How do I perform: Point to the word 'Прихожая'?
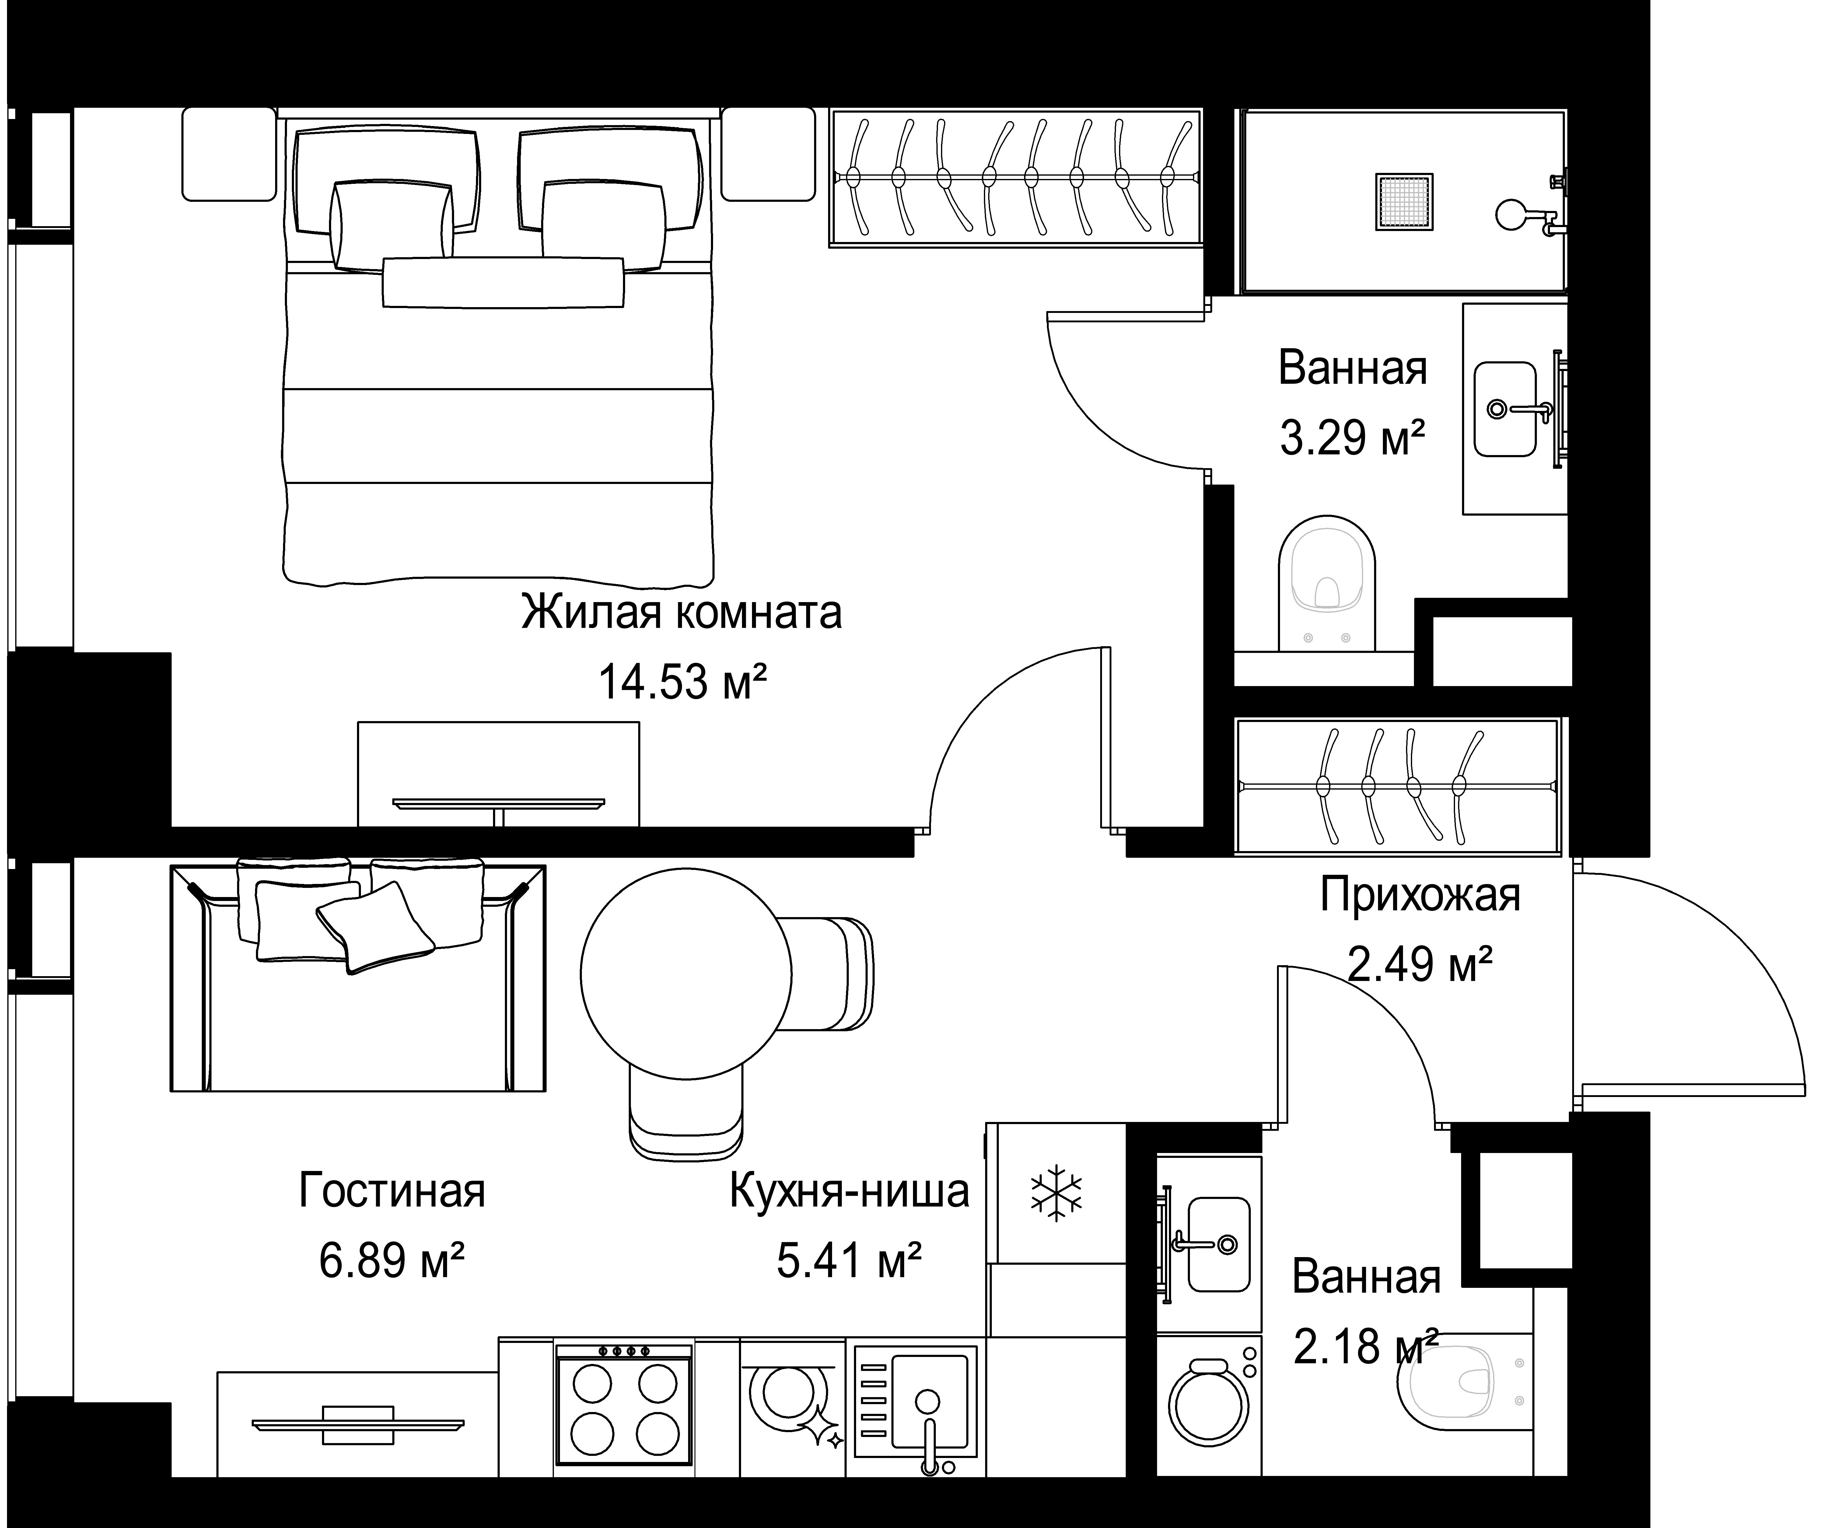(x=1420, y=895)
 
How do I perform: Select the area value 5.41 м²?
(x=849, y=1260)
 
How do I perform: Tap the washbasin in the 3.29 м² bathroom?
(x=1505, y=409)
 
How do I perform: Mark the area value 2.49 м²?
(x=1420, y=965)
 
